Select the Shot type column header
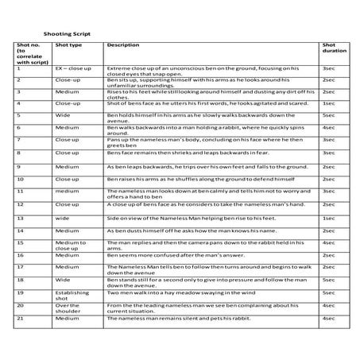pyautogui.click(x=66, y=47)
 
